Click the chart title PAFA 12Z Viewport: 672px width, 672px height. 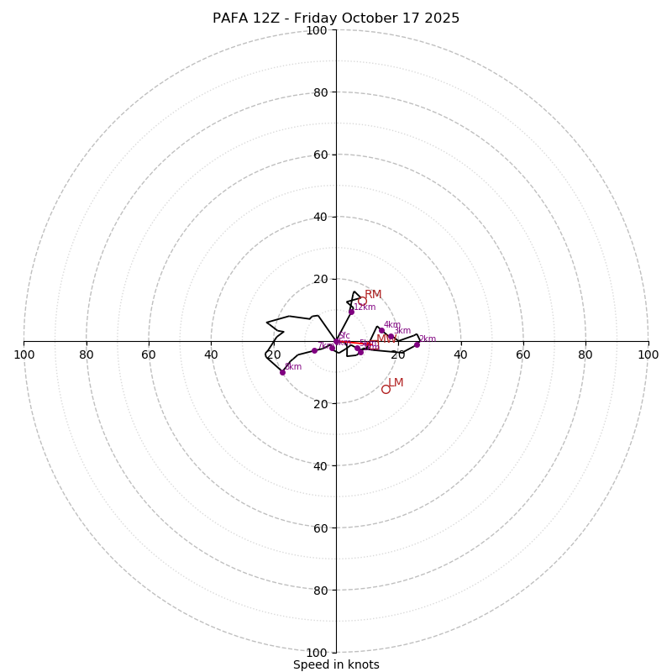(x=335, y=18)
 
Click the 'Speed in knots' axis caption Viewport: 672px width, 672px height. (x=336, y=664)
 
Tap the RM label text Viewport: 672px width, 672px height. (x=373, y=295)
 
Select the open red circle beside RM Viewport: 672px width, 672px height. (x=362, y=301)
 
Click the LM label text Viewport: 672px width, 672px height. (x=396, y=383)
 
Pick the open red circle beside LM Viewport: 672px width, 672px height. (x=386, y=389)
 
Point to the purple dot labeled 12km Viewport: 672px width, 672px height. (x=351, y=312)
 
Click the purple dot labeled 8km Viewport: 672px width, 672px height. (x=282, y=372)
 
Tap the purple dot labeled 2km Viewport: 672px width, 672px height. (x=417, y=344)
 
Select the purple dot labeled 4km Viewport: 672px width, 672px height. (x=381, y=331)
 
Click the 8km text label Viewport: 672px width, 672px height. (x=293, y=366)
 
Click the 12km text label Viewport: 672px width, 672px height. (x=365, y=307)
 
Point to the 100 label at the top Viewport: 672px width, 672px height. (x=316, y=30)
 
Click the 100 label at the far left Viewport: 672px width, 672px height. (x=24, y=354)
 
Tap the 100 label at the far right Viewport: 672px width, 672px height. (x=648, y=354)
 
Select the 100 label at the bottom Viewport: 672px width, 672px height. (x=316, y=653)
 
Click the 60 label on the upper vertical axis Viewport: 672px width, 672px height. (x=319, y=155)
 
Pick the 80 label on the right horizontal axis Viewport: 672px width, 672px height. (x=585, y=354)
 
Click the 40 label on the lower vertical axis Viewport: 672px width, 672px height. (x=319, y=465)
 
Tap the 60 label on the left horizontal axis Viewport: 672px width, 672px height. (x=149, y=354)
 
